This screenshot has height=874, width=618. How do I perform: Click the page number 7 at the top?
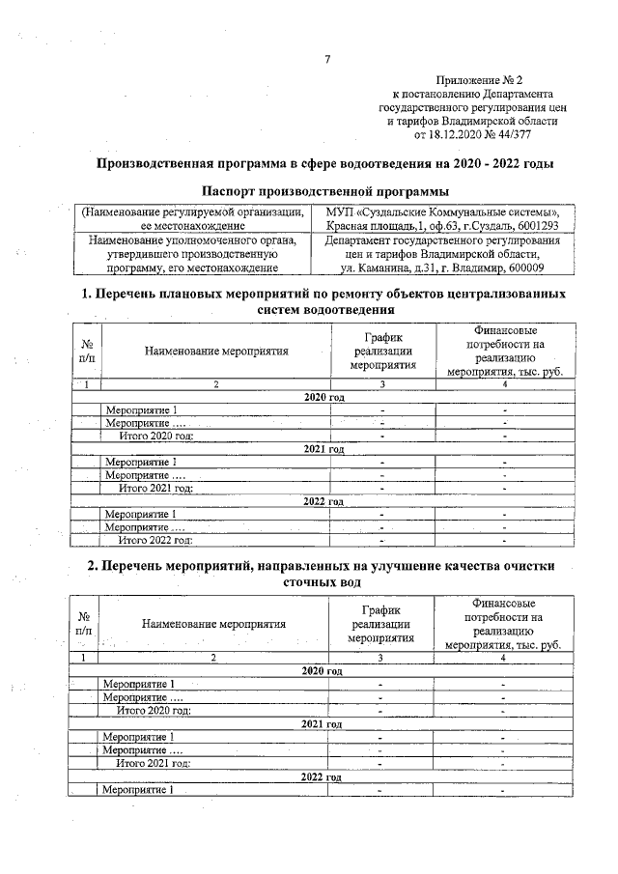point(327,60)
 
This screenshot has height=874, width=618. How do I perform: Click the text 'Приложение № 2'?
point(479,82)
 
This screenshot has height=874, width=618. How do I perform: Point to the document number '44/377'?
point(540,136)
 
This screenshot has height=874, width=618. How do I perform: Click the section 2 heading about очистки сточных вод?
point(327,574)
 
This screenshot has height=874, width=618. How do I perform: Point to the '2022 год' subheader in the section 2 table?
point(323,776)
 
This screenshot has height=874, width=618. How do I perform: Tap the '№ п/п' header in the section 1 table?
point(87,351)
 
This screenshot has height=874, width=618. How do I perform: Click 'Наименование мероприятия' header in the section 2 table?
point(214,624)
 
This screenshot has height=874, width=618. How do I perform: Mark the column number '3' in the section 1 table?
point(382,384)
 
